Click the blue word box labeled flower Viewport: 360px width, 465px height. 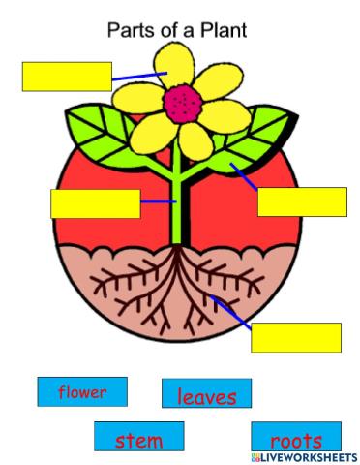[x=82, y=392]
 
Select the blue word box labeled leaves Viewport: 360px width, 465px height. [x=206, y=393]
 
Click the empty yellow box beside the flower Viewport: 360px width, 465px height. [x=67, y=77]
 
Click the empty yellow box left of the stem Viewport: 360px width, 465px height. [x=95, y=204]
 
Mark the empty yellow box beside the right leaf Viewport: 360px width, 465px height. [x=302, y=201]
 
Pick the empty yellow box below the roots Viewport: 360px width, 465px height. [x=296, y=337]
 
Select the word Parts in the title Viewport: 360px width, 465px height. [x=128, y=30]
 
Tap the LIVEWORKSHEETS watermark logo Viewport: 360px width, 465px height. [x=304, y=455]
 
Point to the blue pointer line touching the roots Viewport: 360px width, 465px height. [x=232, y=314]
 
